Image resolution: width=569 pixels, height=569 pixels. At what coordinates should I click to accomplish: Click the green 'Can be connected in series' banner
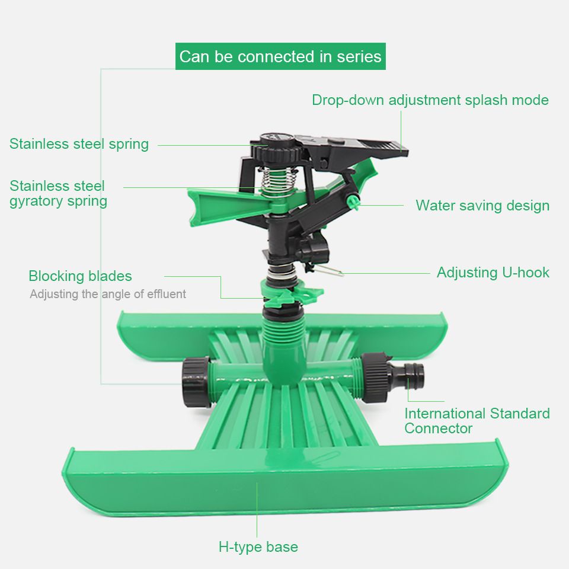point(280,56)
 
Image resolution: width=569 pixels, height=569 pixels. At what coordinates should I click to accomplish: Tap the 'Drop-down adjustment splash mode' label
point(430,100)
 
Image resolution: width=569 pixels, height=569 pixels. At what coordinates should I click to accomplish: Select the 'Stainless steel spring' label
point(79,144)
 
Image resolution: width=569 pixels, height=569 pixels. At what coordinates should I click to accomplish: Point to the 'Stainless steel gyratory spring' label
point(59,193)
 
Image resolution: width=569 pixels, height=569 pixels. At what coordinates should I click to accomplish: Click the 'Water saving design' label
point(482,206)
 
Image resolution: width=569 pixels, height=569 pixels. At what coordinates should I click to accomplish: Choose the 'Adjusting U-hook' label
point(493,273)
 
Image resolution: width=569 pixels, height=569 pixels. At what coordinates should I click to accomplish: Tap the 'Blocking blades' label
point(80,276)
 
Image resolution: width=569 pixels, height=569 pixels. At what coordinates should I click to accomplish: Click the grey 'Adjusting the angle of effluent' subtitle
point(108,294)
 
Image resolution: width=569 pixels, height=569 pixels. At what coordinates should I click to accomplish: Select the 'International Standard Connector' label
point(477,421)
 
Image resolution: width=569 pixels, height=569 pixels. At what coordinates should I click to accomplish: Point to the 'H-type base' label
point(258,546)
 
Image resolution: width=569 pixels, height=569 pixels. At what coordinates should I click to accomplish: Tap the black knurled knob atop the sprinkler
point(277,148)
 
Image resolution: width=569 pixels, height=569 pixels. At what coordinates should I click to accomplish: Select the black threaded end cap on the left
point(196,381)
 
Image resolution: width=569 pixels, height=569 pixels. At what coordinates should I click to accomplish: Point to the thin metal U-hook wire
point(327,270)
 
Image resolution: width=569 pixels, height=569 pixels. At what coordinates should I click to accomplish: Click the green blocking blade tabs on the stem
point(292,292)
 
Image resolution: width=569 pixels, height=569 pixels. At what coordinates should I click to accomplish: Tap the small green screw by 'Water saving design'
point(353,201)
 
